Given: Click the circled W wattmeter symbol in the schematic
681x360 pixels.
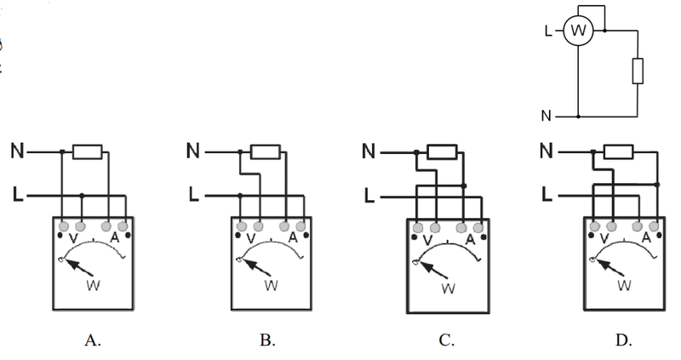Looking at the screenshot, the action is pyautogui.click(x=578, y=31).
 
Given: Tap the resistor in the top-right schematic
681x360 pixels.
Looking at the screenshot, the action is pyautogui.click(x=638, y=71).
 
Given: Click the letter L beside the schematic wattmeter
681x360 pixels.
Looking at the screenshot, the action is pyautogui.click(x=548, y=31).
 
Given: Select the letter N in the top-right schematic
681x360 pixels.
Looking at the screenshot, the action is pyautogui.click(x=547, y=116).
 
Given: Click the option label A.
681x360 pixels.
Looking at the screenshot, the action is pyautogui.click(x=93, y=340).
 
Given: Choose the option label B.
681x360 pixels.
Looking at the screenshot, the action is pyautogui.click(x=267, y=340).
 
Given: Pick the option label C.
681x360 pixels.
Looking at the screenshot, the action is pyautogui.click(x=446, y=340).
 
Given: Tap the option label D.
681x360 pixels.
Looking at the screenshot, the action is pyautogui.click(x=624, y=340).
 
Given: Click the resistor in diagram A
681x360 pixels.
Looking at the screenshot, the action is pyautogui.click(x=88, y=152).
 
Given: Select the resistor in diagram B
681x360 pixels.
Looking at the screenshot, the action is pyautogui.click(x=266, y=152).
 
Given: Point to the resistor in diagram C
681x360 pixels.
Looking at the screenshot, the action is pyautogui.click(x=442, y=152).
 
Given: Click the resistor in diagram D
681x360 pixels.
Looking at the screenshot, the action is pyautogui.click(x=619, y=152).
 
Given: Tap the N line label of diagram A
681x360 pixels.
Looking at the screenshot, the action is pyautogui.click(x=18, y=151).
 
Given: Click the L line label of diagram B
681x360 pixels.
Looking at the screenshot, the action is pyautogui.click(x=194, y=194).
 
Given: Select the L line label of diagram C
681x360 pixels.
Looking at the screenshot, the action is pyautogui.click(x=369, y=196).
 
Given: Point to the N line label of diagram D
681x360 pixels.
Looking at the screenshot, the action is pyautogui.click(x=547, y=151).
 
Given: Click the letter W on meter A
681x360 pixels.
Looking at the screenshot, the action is pyautogui.click(x=94, y=285).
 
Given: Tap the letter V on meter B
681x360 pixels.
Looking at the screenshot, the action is pyautogui.click(x=250, y=238).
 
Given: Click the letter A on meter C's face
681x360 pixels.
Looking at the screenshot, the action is pyautogui.click(x=471, y=240).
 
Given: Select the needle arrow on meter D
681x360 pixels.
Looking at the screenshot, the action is pyautogui.click(x=609, y=267).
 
